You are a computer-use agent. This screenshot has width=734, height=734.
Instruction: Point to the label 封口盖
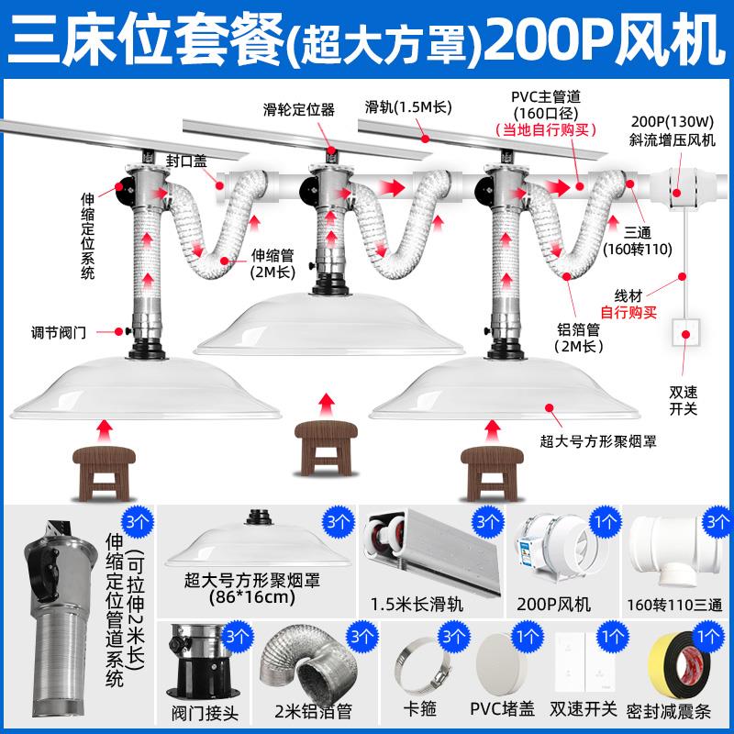[186, 158]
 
